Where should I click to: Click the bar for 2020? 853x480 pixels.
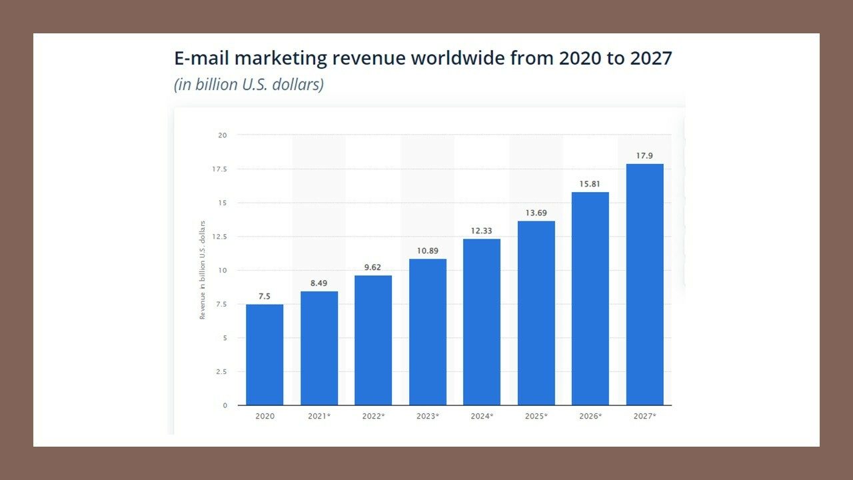pos(265,355)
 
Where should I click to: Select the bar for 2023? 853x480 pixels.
pos(428,332)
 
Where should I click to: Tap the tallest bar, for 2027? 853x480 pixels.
pos(645,285)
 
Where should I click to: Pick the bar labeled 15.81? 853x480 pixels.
pos(590,299)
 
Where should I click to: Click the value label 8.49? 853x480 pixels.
pos(319,283)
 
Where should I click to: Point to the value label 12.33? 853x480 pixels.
pos(482,231)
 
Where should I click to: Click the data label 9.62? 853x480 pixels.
pos(373,267)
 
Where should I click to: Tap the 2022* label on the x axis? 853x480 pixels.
pos(373,416)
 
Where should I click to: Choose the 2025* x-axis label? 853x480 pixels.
pos(536,416)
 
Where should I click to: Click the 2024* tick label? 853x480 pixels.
pos(482,416)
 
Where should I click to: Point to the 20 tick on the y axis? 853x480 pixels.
pos(222,135)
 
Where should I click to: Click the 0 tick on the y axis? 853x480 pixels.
pos(225,405)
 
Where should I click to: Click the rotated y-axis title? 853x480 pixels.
pos(203,269)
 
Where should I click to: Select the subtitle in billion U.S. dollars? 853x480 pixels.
pos(249,85)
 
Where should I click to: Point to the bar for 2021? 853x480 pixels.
pos(319,348)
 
